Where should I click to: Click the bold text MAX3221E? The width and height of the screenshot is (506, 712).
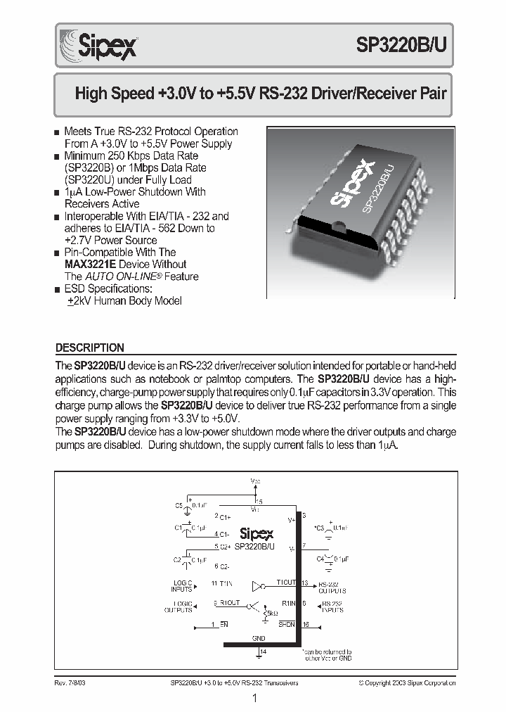click(x=92, y=265)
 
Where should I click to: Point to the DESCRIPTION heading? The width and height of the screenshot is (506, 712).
click(x=89, y=348)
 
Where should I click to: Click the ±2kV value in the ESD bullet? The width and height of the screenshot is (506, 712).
click(x=80, y=301)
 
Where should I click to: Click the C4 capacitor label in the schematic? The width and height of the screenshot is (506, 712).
click(x=320, y=558)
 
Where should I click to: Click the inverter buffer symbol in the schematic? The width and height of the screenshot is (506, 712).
click(x=259, y=584)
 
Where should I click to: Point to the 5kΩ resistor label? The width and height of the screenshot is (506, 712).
click(x=269, y=614)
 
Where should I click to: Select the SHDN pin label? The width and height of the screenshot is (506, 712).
click(x=287, y=623)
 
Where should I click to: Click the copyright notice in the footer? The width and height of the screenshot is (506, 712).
click(x=406, y=682)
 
